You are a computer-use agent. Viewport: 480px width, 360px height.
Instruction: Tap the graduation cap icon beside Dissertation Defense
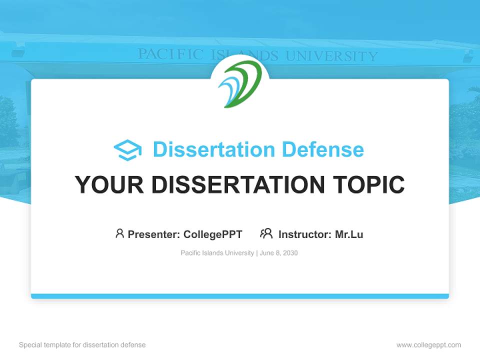127,150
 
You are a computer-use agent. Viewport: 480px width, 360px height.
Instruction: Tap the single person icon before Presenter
119,233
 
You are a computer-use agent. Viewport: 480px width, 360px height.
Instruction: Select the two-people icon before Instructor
266,233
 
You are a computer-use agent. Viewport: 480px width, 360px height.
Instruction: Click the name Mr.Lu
349,234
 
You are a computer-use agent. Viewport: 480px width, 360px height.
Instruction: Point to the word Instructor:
304,234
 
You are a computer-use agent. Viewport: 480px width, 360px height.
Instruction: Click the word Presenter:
154,234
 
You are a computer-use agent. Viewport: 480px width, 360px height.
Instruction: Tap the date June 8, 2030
278,253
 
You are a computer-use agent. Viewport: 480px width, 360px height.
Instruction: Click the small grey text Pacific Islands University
217,253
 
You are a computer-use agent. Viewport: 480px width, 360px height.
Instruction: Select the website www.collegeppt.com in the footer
428,345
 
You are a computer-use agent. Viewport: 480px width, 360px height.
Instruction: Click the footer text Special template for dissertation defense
82,345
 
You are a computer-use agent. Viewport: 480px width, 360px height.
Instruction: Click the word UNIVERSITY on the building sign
331,56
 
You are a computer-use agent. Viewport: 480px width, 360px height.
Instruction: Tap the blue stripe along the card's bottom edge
240,296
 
